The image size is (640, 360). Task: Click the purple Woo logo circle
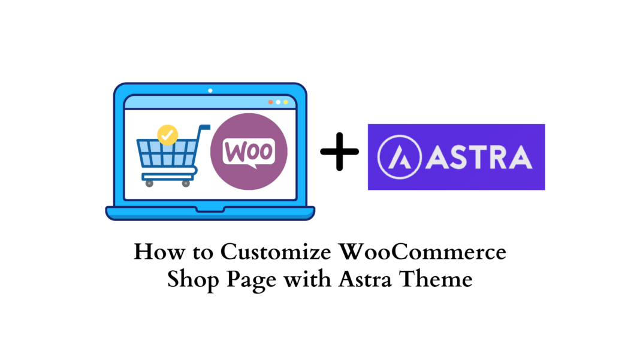coord(249,152)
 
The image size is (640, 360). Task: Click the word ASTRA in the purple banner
coord(479,157)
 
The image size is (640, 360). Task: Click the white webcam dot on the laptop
coord(210,90)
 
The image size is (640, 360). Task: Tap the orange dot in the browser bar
coord(271,102)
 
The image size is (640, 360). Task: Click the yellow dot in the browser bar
coord(286,102)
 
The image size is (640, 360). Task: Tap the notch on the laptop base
coord(210,209)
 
